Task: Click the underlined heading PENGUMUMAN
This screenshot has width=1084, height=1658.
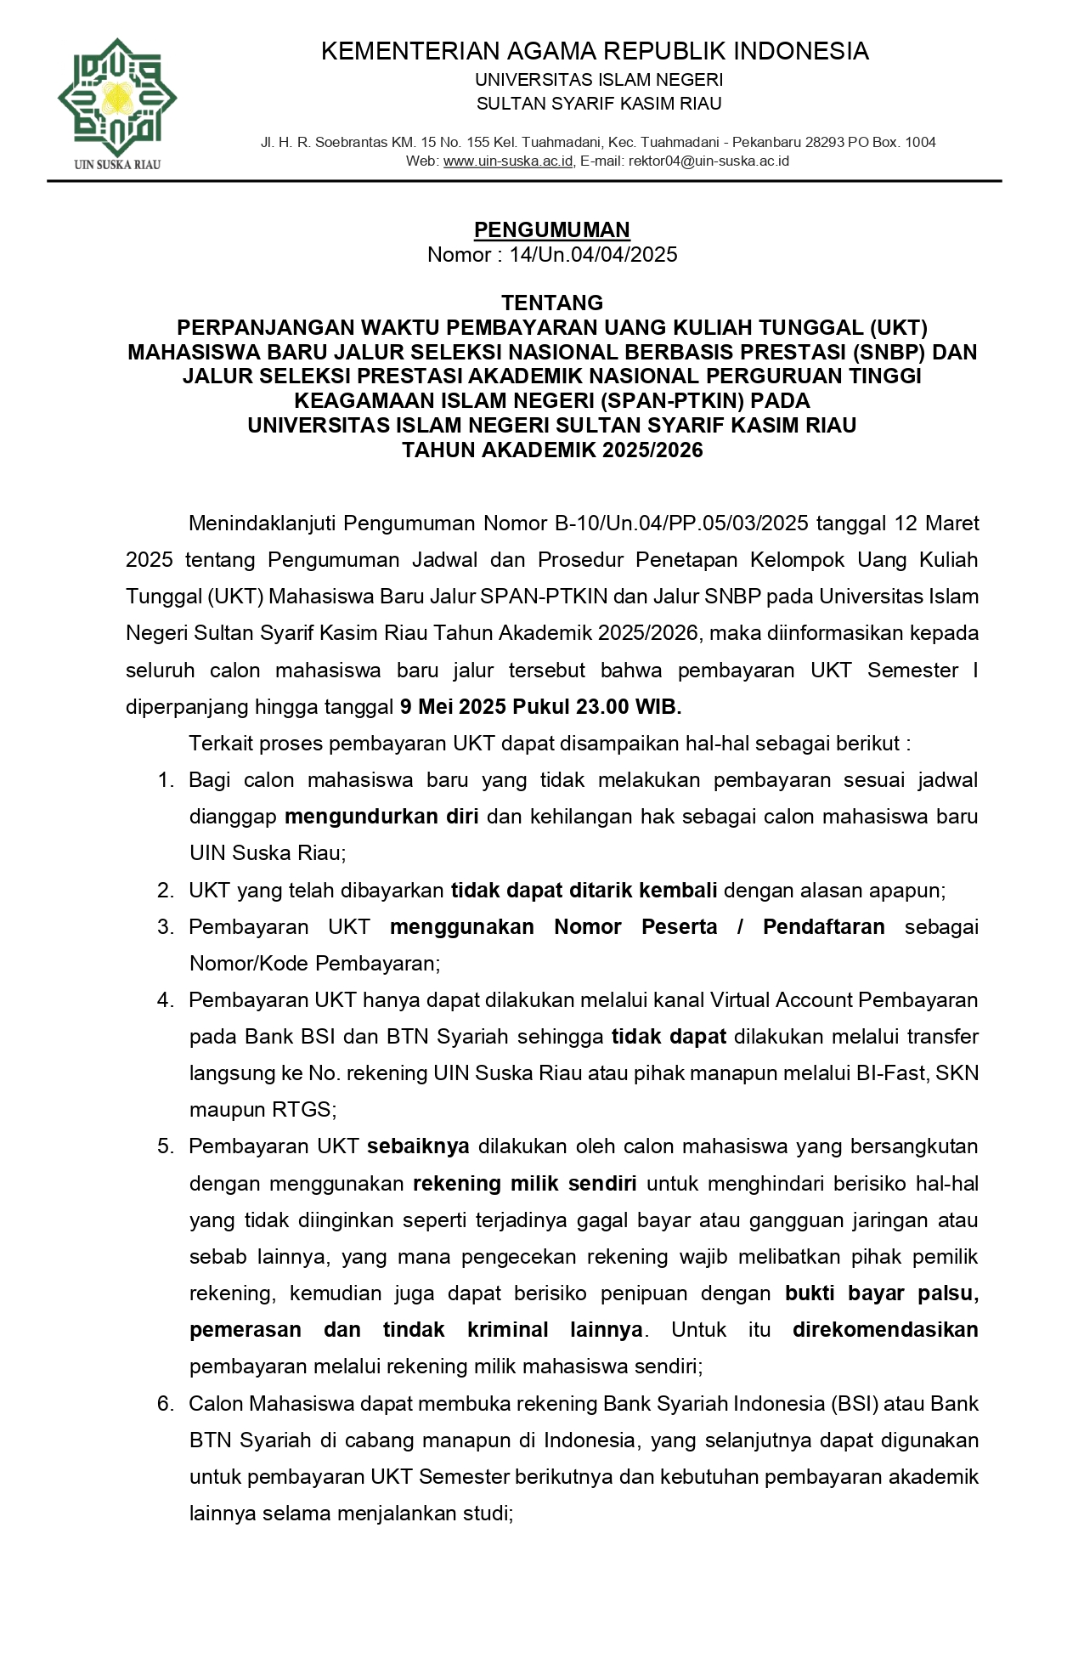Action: point(551,229)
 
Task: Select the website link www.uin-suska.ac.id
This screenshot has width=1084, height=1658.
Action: point(508,161)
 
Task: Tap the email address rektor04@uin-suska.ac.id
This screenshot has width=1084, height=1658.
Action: point(709,161)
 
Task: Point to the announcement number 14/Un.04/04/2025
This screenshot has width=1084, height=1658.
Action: point(593,255)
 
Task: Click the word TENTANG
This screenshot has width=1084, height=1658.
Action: point(552,303)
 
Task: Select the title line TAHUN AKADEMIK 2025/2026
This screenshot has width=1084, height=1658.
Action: point(552,450)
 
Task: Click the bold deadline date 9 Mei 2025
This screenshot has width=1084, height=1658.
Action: point(453,707)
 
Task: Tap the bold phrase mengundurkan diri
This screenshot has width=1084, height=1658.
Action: point(381,817)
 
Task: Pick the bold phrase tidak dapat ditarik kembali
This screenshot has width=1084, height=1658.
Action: point(584,891)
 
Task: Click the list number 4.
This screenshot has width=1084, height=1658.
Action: point(165,1000)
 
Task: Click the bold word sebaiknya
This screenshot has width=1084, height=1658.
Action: point(418,1146)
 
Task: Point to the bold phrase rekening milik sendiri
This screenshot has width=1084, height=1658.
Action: point(525,1184)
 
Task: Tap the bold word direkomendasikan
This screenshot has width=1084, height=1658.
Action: point(884,1330)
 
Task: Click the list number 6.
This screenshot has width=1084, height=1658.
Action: point(165,1404)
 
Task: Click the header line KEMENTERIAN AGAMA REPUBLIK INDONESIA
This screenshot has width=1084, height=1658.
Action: point(595,51)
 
